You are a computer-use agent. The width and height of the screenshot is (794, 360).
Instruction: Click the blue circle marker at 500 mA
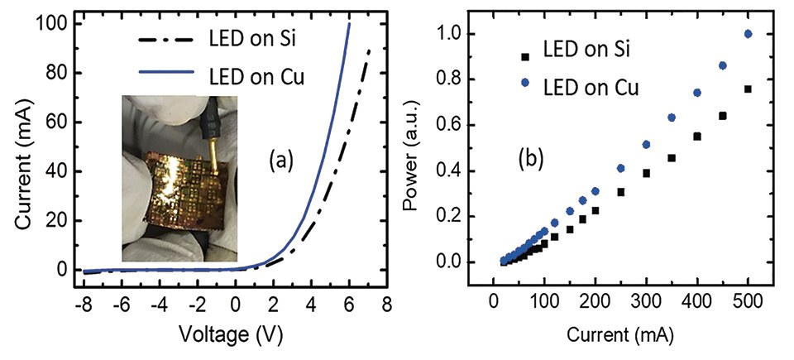749,34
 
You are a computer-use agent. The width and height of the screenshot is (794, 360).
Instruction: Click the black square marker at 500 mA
749,89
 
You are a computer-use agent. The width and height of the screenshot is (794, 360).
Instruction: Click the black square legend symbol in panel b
524,57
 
